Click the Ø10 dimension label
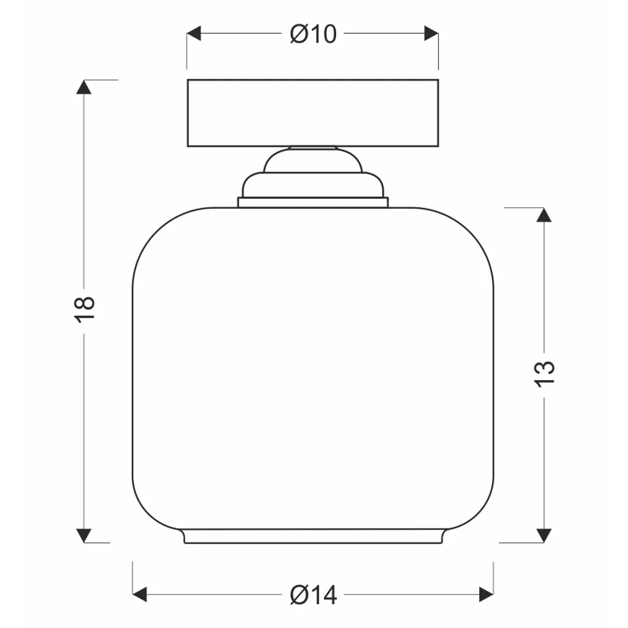313,34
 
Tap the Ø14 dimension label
313,595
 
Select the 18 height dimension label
84,309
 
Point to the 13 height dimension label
544,374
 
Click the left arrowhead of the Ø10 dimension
194,33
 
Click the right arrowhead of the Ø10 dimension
431,33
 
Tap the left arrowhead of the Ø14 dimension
140,594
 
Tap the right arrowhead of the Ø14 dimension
486,594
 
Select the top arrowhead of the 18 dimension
84,87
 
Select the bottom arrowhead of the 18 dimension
84,536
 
